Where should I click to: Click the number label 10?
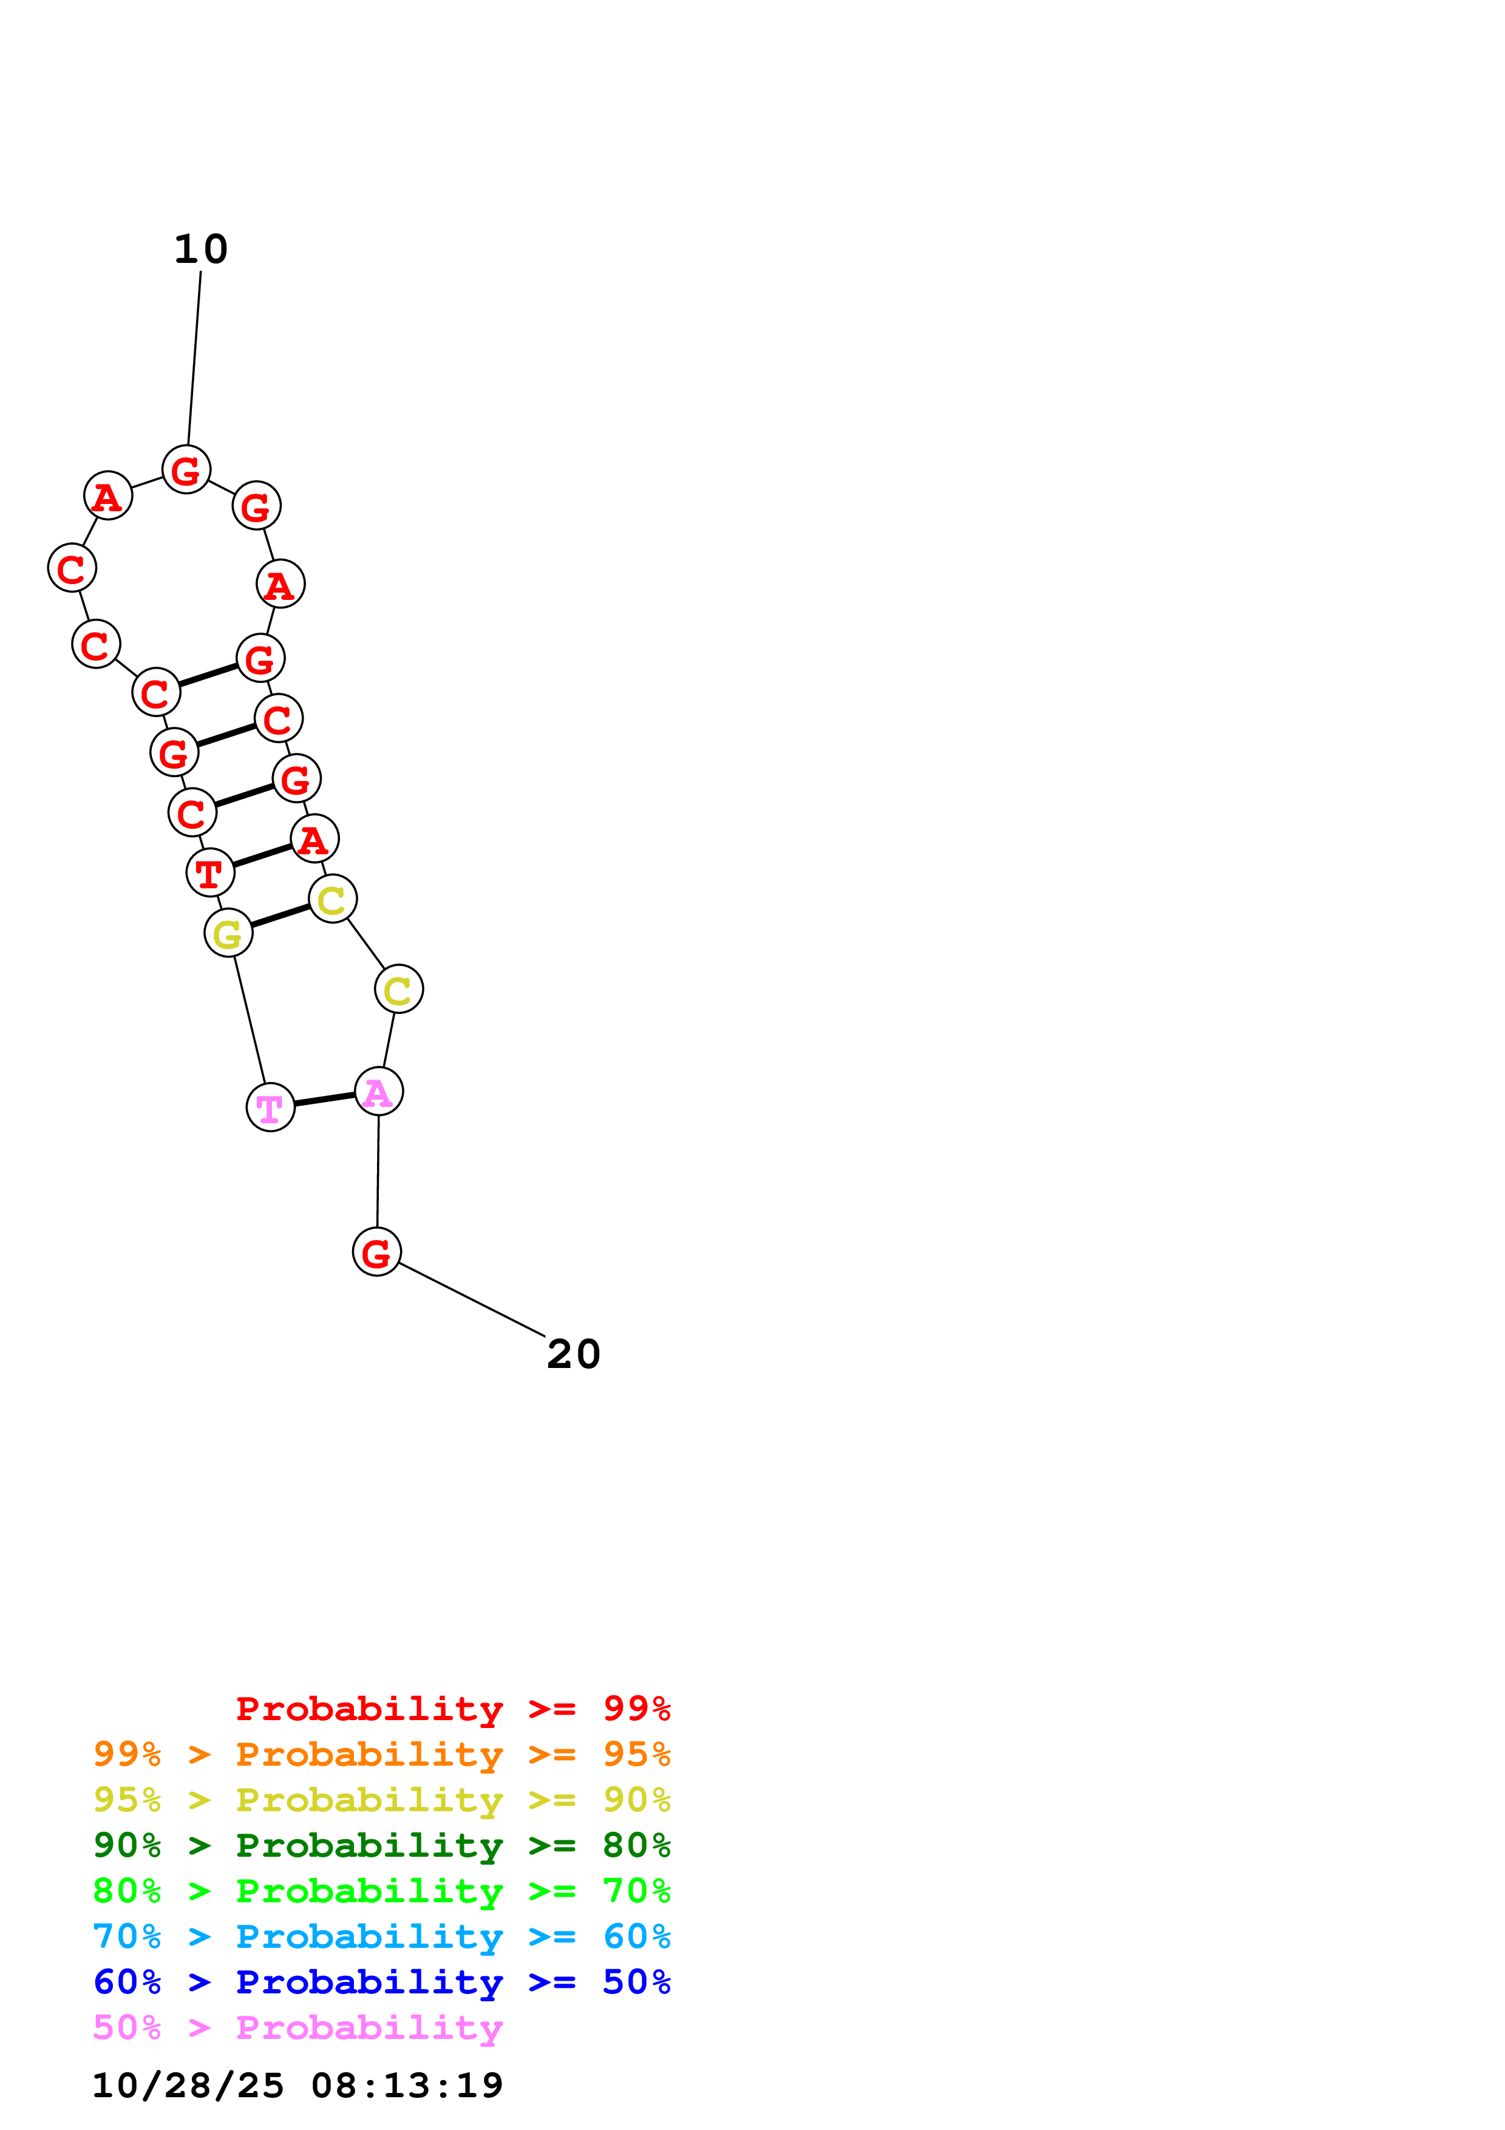pos(200,248)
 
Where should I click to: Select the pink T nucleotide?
pos(270,1107)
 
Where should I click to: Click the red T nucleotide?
pos(209,873)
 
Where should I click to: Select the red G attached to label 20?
pos(376,1251)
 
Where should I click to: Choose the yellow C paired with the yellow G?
pos(332,899)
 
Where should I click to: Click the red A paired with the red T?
pos(314,840)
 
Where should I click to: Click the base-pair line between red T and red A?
pos(262,856)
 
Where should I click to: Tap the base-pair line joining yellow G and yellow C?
pos(280,916)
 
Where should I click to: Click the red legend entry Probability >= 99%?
pos(452,1709)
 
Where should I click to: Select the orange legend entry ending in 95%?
pos(381,1754)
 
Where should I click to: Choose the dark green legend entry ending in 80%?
pos(381,1845)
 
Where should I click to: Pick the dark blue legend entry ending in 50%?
pos(381,1982)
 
